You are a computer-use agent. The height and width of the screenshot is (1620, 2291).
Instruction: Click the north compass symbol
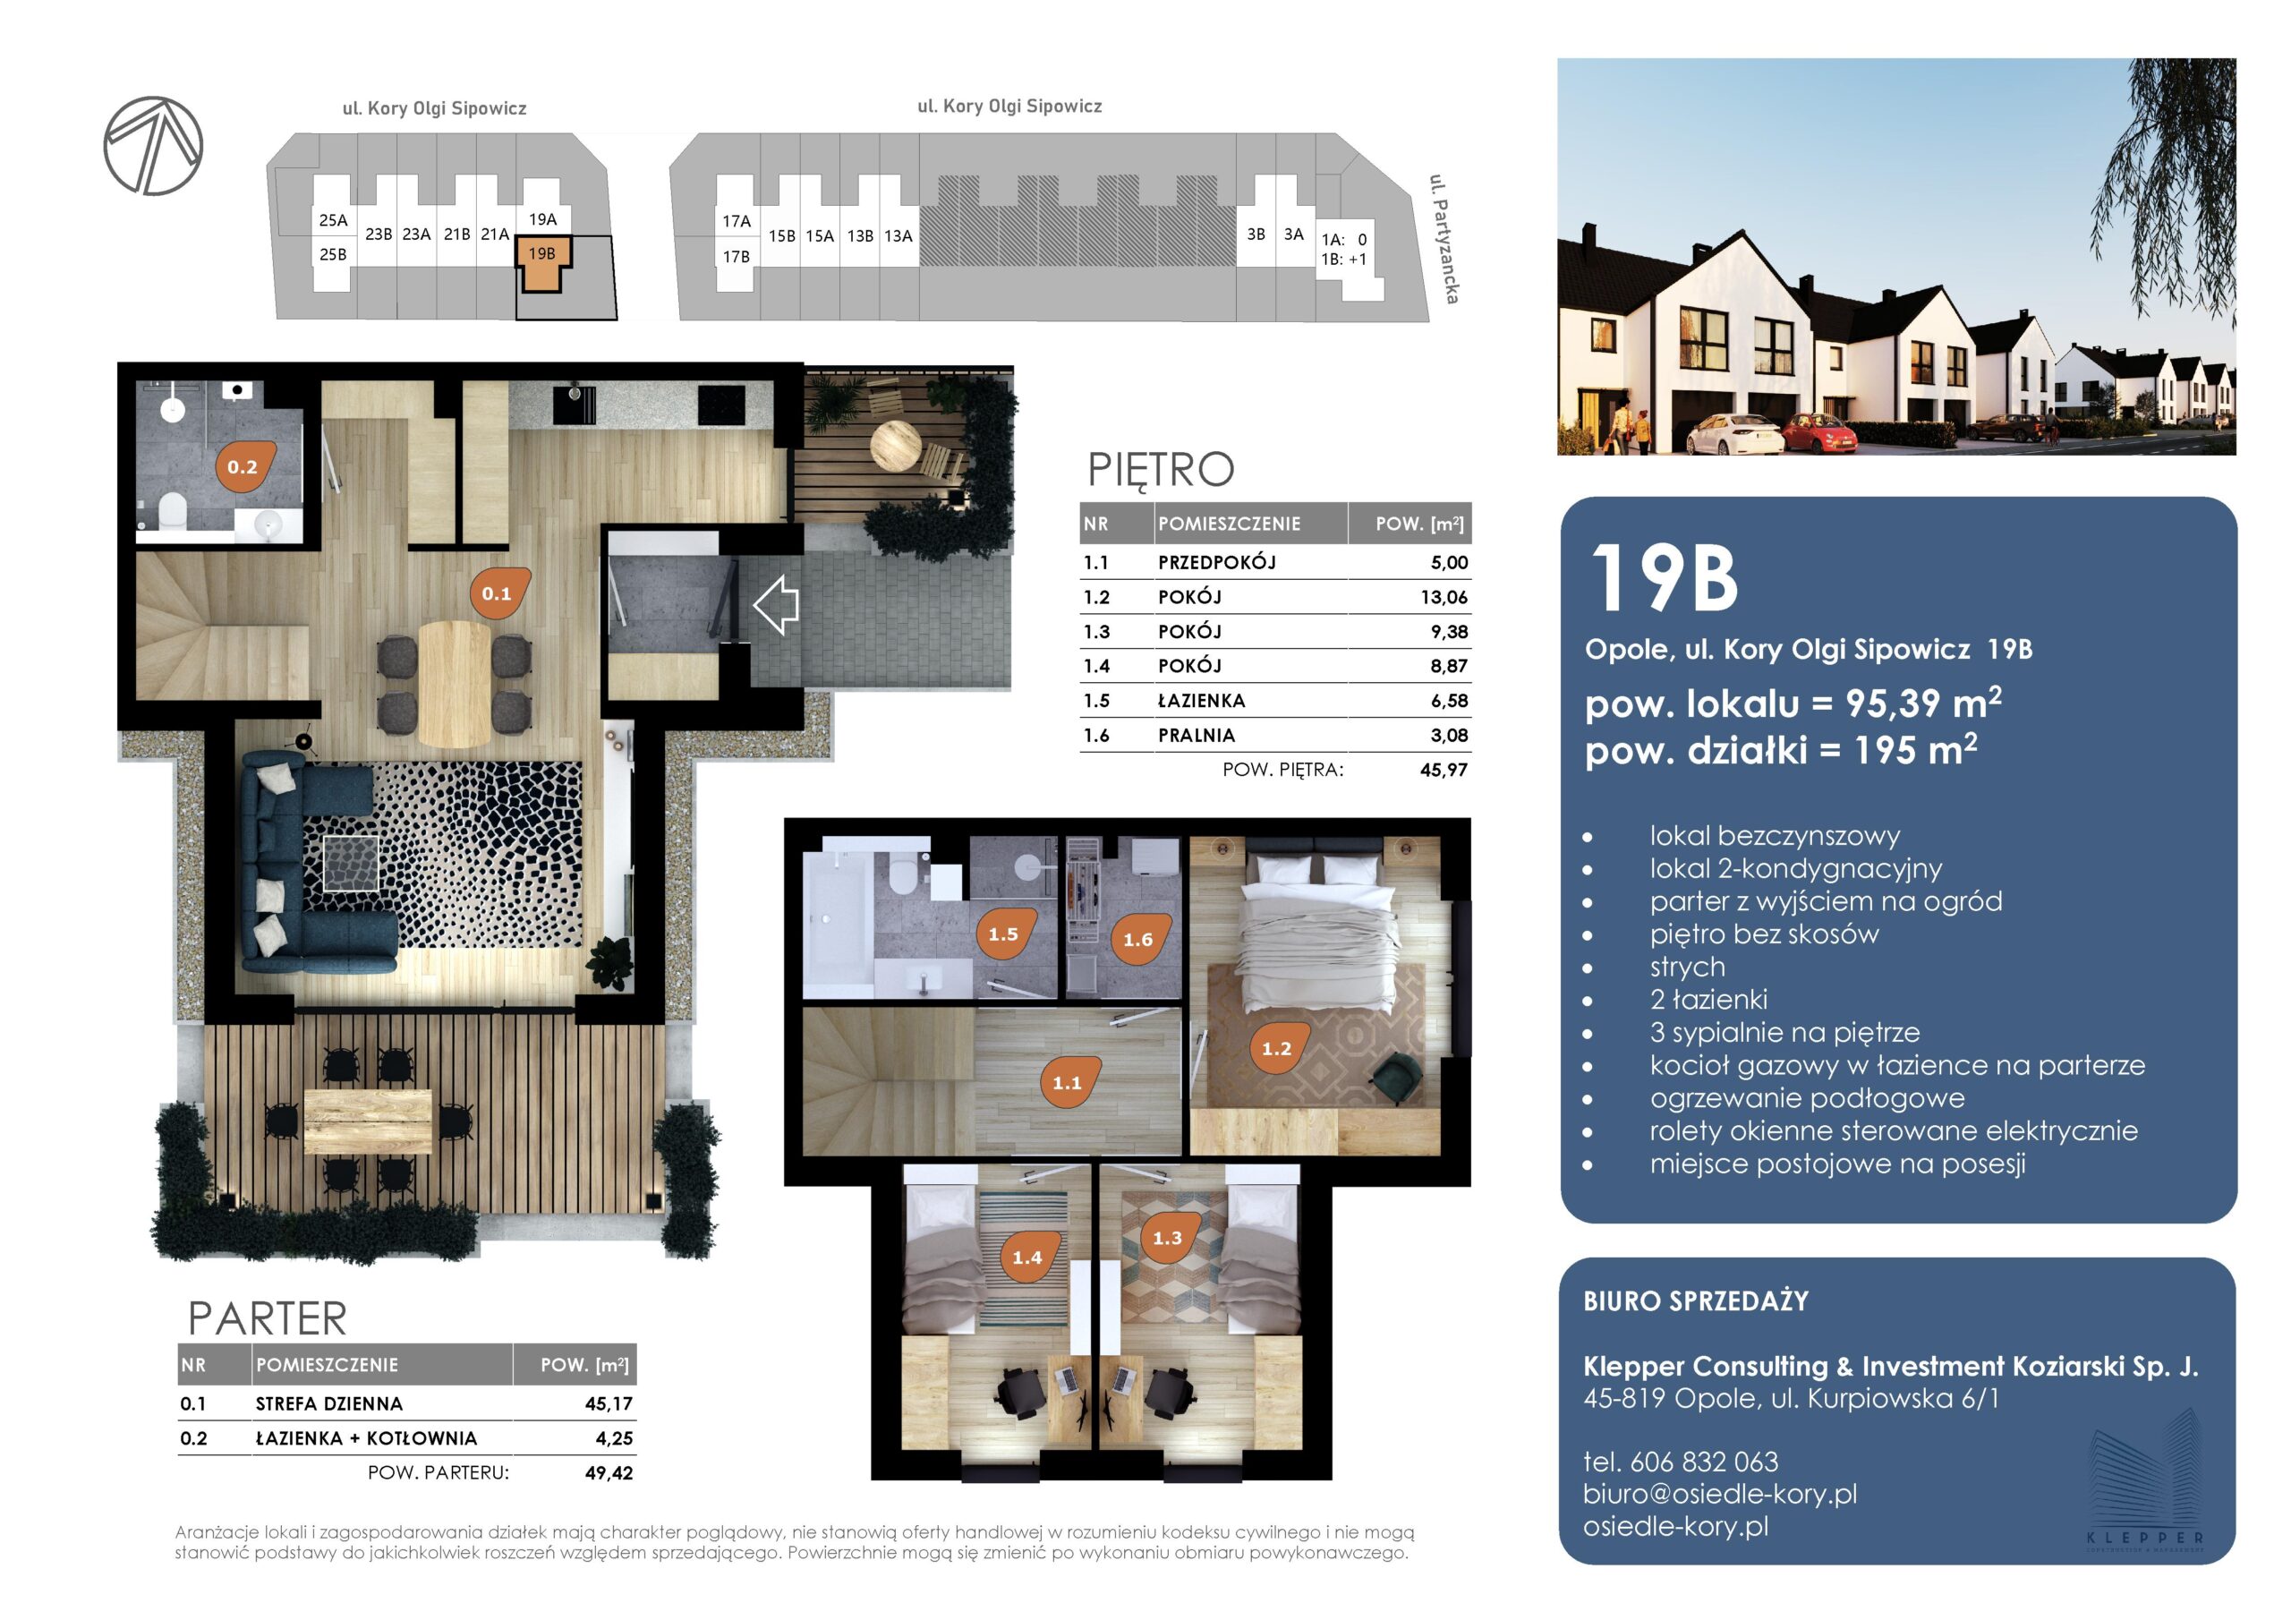pyautogui.click(x=153, y=146)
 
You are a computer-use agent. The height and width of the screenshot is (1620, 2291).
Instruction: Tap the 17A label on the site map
pyautogui.click(x=737, y=220)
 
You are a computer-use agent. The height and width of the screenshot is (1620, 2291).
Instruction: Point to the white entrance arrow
pyautogui.click(x=775, y=604)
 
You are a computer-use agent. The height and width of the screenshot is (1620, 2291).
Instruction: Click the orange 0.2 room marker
pyautogui.click(x=243, y=466)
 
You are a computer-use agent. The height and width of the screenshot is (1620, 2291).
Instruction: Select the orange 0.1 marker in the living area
pyautogui.click(x=497, y=593)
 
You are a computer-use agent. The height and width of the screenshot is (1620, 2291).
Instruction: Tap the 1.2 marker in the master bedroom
pyautogui.click(x=1276, y=1048)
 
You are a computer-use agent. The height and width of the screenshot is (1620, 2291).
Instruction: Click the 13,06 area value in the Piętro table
pyautogui.click(x=1444, y=597)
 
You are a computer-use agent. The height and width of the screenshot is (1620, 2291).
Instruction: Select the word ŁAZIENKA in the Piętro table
pyautogui.click(x=1201, y=701)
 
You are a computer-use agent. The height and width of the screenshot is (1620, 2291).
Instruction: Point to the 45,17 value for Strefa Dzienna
pyautogui.click(x=609, y=1403)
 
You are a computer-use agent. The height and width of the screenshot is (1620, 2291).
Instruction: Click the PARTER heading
pyautogui.click(x=268, y=1318)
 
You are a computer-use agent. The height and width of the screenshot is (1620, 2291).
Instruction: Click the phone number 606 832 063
pyautogui.click(x=1704, y=1462)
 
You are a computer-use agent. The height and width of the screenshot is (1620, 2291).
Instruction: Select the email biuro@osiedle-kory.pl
pyautogui.click(x=1720, y=1493)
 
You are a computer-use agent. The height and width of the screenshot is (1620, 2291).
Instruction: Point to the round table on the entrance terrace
pyautogui.click(x=895, y=445)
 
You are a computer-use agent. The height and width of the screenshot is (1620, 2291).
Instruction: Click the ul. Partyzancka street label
pyautogui.click(x=1443, y=239)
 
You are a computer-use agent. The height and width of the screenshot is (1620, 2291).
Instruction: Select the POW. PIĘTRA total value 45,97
pyautogui.click(x=1444, y=770)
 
